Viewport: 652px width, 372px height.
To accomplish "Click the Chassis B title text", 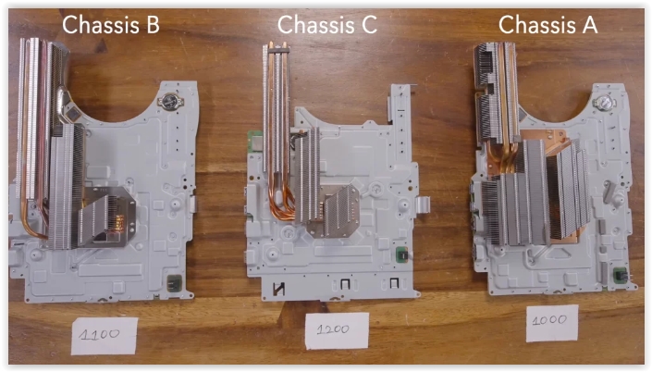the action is click(111, 24).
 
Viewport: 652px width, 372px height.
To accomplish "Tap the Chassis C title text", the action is click(327, 24).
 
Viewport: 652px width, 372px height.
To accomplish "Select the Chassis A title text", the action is click(548, 24).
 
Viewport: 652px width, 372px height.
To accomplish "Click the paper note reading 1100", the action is click(104, 336).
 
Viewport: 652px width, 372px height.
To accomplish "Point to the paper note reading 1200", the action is click(337, 330).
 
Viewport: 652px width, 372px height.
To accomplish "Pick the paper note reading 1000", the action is click(552, 323).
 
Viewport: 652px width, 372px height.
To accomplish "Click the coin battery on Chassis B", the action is click(170, 101).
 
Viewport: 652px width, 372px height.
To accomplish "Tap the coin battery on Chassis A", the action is click(603, 102).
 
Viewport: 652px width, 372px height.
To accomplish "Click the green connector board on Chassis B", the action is click(174, 283).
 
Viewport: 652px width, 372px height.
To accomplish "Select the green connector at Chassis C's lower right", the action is click(401, 254).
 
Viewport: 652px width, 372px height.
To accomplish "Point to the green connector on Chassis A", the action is click(621, 276).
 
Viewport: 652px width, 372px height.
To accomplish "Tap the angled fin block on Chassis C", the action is click(341, 211).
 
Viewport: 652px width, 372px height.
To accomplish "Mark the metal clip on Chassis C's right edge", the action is click(423, 205).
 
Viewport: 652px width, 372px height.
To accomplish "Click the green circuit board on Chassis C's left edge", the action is click(253, 143).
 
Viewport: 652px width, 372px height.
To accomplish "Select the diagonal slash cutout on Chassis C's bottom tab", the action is click(278, 289).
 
